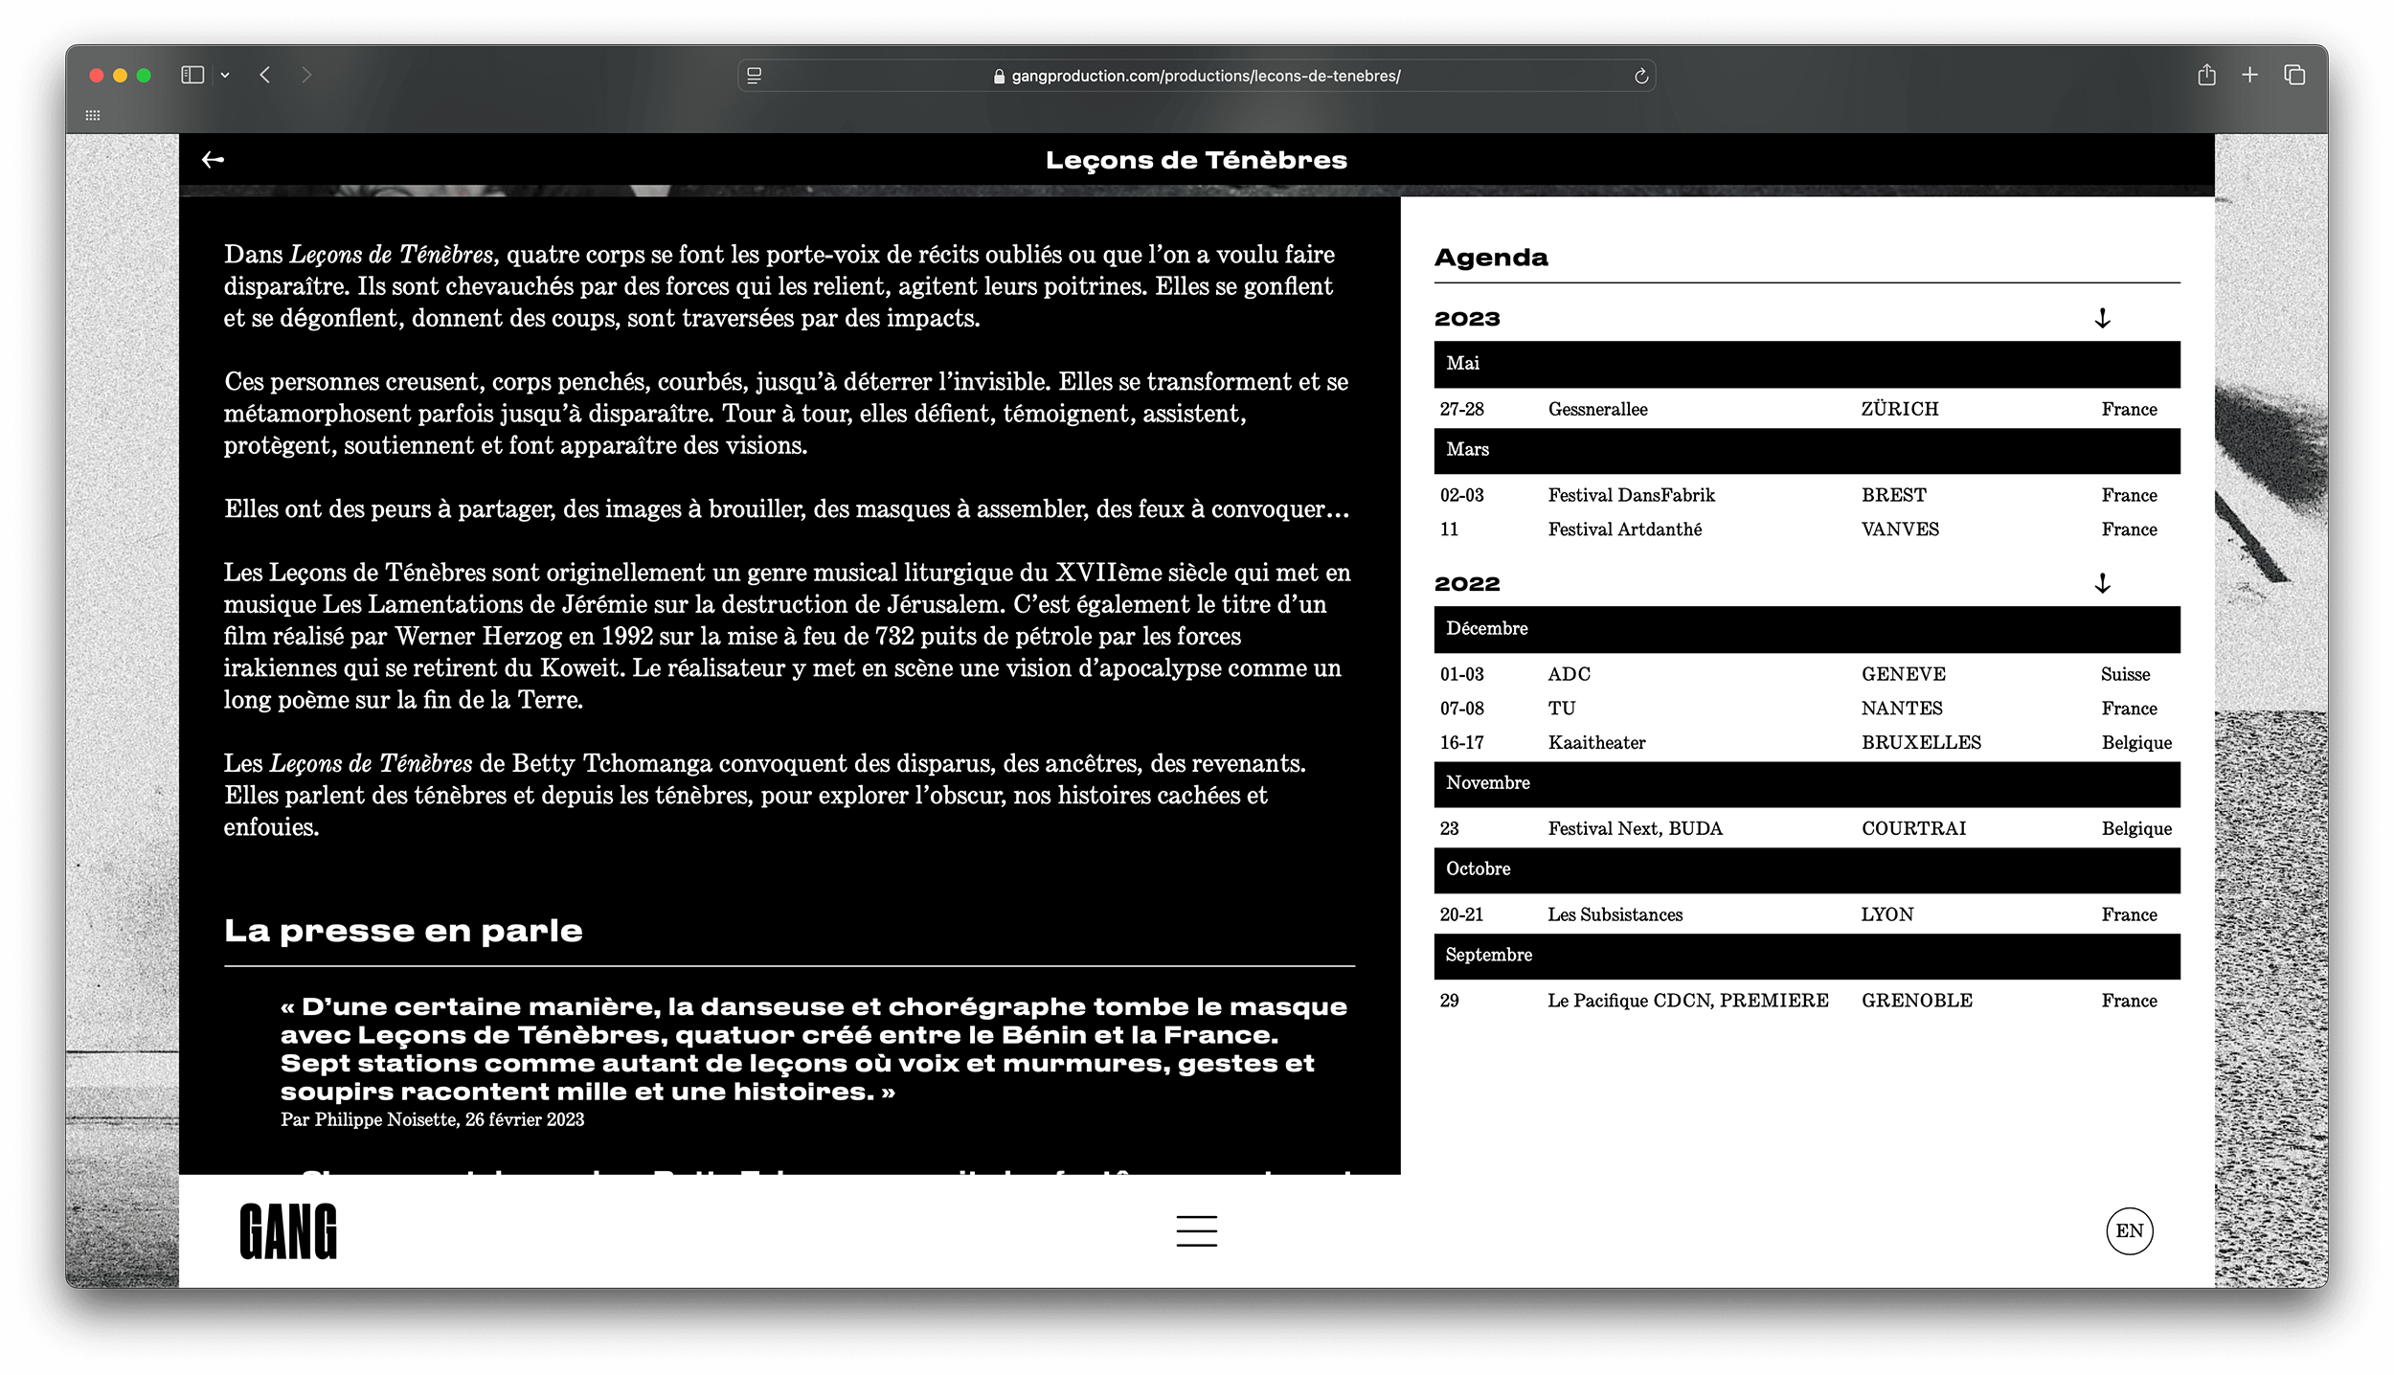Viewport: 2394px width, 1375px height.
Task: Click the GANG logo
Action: click(288, 1231)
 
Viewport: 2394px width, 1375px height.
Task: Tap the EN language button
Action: click(2129, 1231)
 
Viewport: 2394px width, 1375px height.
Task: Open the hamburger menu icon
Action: click(1196, 1231)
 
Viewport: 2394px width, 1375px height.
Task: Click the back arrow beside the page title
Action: click(213, 160)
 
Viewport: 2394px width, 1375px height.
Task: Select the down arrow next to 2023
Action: click(2102, 319)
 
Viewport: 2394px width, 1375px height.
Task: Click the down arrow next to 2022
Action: click(2102, 583)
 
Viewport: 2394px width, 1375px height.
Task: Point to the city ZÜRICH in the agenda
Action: click(1899, 410)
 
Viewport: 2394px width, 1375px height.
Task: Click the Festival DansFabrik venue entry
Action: click(1631, 496)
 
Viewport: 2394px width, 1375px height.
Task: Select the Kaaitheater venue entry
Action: click(1596, 743)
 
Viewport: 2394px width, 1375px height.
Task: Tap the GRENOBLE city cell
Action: click(1916, 1001)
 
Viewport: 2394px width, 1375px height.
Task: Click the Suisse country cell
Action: click(2125, 675)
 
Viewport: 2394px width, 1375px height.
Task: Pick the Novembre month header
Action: click(1488, 783)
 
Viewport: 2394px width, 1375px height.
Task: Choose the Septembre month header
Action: click(1489, 956)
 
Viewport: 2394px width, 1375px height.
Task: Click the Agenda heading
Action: click(1491, 258)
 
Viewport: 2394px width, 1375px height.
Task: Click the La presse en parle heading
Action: click(403, 931)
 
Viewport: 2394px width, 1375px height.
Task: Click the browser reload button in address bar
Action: click(1640, 77)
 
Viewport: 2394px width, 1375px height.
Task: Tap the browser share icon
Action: click(2206, 75)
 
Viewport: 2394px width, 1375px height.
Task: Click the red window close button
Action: click(97, 76)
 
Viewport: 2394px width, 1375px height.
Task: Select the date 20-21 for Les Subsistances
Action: click(1461, 915)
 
